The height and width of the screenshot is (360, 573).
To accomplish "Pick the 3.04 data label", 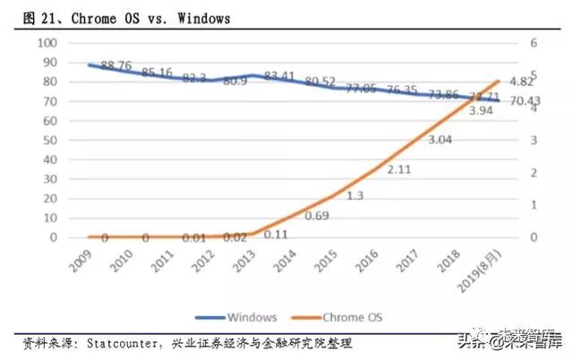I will click(x=440, y=140).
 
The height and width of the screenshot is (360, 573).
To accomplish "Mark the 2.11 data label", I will click(x=398, y=168).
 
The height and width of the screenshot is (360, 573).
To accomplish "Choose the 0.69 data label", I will click(x=317, y=216).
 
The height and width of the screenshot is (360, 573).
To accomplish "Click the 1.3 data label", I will click(x=355, y=196).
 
